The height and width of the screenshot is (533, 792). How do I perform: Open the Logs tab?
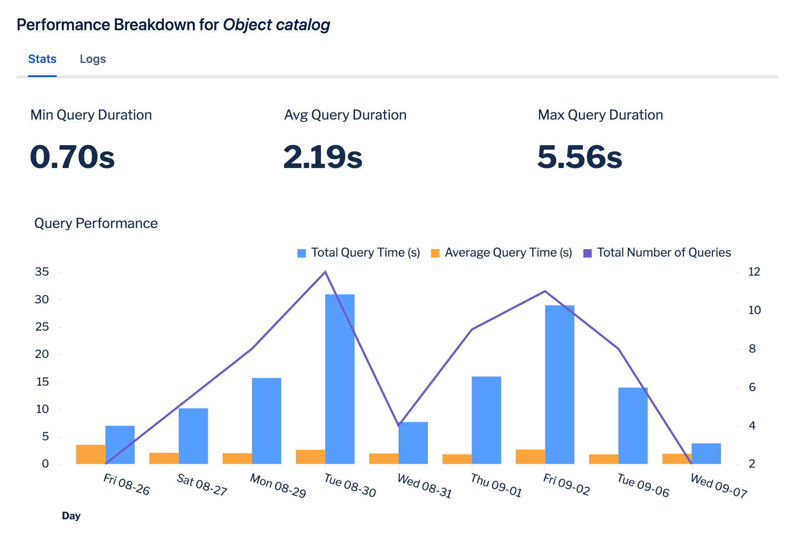(93, 59)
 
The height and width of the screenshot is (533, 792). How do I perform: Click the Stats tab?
(42, 59)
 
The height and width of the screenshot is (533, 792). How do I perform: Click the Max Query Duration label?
(600, 115)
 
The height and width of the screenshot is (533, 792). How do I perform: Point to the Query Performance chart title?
(96, 223)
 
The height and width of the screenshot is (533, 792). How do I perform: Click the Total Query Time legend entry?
(359, 253)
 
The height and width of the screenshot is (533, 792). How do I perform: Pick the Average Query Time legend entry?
(502, 253)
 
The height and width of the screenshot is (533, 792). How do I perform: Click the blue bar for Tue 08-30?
(340, 379)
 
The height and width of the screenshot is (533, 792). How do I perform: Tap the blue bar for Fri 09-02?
(559, 385)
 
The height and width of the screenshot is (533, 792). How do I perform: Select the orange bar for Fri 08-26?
(91, 454)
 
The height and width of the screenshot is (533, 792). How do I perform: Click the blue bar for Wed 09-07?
(706, 454)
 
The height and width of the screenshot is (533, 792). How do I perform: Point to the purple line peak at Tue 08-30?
(325, 272)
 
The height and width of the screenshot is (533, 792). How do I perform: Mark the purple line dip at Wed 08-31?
(398, 425)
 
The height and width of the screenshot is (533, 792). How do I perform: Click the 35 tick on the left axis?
(42, 272)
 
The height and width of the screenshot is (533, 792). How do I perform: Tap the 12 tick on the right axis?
(754, 272)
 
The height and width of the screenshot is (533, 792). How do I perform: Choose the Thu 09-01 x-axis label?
(496, 486)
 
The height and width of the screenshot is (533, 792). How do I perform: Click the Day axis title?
(71, 516)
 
